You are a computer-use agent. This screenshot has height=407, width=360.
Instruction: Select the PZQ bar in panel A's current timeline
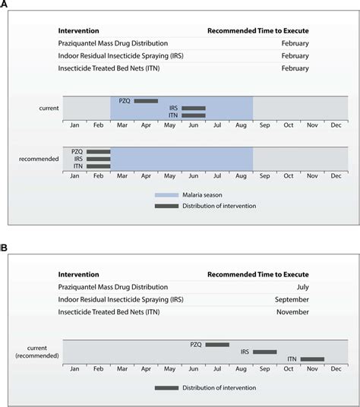(x=146, y=100)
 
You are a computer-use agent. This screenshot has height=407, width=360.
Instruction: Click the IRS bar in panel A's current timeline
(x=193, y=108)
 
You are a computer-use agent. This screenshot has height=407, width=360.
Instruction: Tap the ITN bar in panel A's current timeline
(x=193, y=115)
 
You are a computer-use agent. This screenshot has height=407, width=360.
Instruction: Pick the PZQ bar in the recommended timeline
(x=98, y=151)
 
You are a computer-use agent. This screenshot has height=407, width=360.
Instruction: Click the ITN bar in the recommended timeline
(x=98, y=166)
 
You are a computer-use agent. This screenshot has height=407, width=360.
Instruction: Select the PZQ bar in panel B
(x=216, y=344)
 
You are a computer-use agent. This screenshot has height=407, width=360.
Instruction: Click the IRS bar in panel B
(x=264, y=352)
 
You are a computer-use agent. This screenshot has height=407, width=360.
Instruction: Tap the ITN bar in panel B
(x=311, y=359)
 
